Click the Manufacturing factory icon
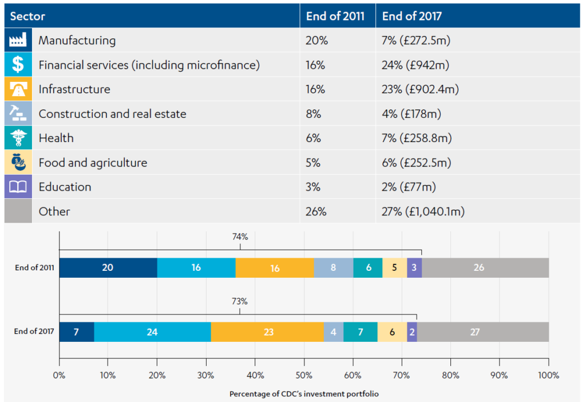pyautogui.click(x=18, y=41)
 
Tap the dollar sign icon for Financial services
pyautogui.click(x=18, y=65)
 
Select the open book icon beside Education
pyautogui.click(x=18, y=187)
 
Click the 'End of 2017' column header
pyautogui.click(x=411, y=16)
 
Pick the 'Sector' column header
pyautogui.click(x=27, y=16)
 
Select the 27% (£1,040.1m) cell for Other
pyautogui.click(x=423, y=211)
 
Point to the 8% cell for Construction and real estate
pyautogui.click(x=315, y=114)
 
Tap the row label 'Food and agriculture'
pyautogui.click(x=93, y=163)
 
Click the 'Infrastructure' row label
pyautogui.click(x=74, y=89)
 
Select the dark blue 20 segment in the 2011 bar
pyautogui.click(x=108, y=267)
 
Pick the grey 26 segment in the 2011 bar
pyautogui.click(x=485, y=267)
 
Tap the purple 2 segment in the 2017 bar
pyautogui.click(x=412, y=332)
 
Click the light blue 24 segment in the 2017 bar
pyautogui.click(x=152, y=332)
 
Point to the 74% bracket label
pyautogui.click(x=240, y=236)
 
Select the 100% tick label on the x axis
pyautogui.click(x=548, y=376)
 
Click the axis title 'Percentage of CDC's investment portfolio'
pyautogui.click(x=304, y=394)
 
